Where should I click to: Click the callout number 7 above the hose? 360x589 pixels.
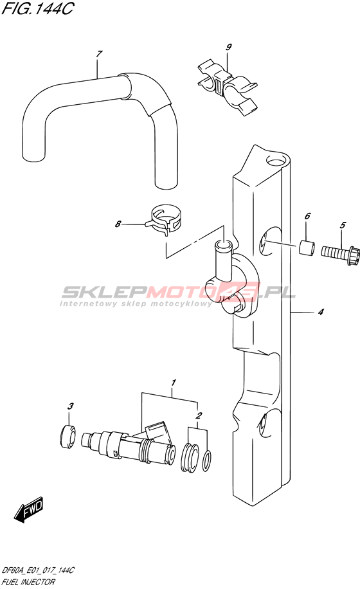tap(99, 54)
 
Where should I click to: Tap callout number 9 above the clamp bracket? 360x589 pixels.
tap(229, 47)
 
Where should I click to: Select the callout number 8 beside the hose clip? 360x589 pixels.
tap(118, 224)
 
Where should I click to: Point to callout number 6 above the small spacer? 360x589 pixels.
tap(307, 216)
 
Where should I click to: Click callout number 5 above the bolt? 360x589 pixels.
tap(343, 225)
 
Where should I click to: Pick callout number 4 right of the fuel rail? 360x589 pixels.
tap(321, 311)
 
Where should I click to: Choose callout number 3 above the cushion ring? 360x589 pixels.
tap(70, 406)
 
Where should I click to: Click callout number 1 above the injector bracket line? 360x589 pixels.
tap(174, 383)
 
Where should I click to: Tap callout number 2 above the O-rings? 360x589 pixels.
tap(199, 415)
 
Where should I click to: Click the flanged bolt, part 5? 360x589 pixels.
tap(341, 251)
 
